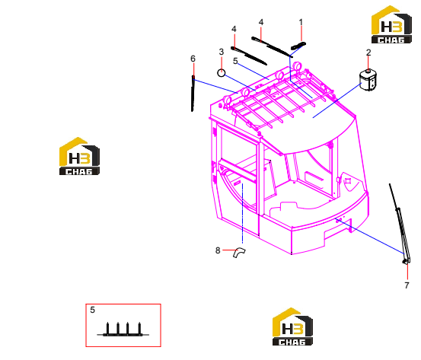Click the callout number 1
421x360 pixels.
tap(301, 22)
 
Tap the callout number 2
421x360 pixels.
tap(368, 53)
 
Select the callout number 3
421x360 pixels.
tap(222, 52)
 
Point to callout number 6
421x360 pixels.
tap(193, 59)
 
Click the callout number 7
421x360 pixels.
tap(407, 285)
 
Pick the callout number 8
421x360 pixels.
tap(218, 250)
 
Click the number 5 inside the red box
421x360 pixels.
tap(92, 310)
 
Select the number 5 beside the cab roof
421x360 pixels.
tap(235, 61)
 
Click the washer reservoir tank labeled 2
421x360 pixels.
tap(368, 80)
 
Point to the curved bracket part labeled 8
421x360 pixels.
tap(239, 253)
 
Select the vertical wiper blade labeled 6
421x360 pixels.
tap(193, 93)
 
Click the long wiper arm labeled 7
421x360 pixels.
tap(400, 224)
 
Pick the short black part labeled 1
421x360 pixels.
tap(298, 46)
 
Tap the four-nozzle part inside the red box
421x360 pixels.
tap(123, 330)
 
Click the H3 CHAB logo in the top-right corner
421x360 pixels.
tap(391, 24)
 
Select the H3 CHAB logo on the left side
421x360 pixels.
tap(79, 156)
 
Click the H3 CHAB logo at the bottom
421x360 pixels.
tap(292, 327)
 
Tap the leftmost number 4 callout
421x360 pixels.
tap(234, 29)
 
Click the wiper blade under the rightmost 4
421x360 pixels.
tap(272, 47)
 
